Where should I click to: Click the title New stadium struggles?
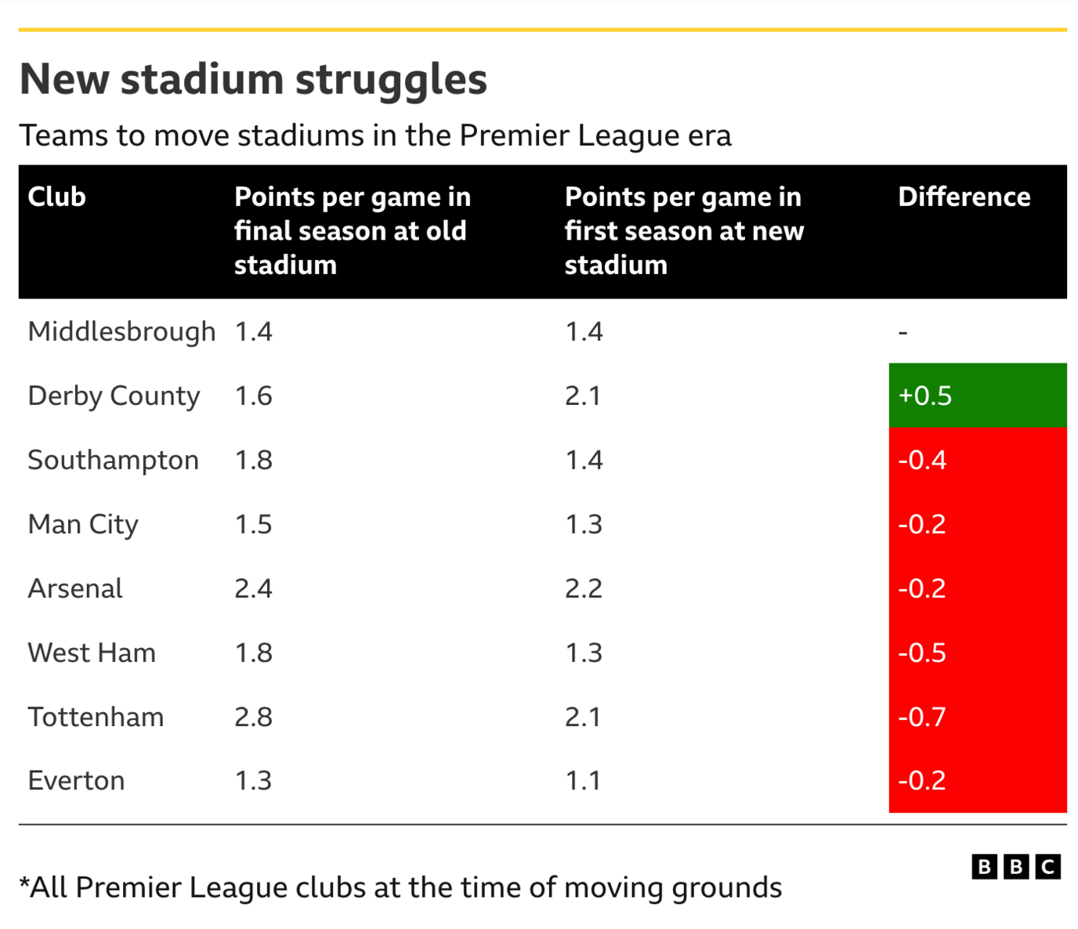(253, 79)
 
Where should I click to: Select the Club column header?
(56, 197)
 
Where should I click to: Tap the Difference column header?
(964, 197)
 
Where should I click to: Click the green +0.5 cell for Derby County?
(977, 396)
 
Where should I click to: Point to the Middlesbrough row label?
(121, 331)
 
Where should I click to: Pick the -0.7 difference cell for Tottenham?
(977, 717)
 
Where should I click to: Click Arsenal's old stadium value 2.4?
(253, 588)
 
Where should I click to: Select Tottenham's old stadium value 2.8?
(253, 717)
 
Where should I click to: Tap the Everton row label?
(76, 781)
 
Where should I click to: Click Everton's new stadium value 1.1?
(583, 781)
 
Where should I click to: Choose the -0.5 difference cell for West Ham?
(977, 652)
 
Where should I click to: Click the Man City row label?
(83, 524)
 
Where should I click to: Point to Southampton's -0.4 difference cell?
(977, 460)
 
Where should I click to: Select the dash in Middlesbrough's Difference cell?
(903, 333)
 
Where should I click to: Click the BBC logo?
(1015, 867)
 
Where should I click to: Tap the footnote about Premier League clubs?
(400, 887)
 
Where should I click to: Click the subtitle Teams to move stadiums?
(375, 136)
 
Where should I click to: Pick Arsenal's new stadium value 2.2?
(584, 588)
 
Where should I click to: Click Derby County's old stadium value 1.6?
(253, 396)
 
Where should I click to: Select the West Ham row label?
(92, 652)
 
